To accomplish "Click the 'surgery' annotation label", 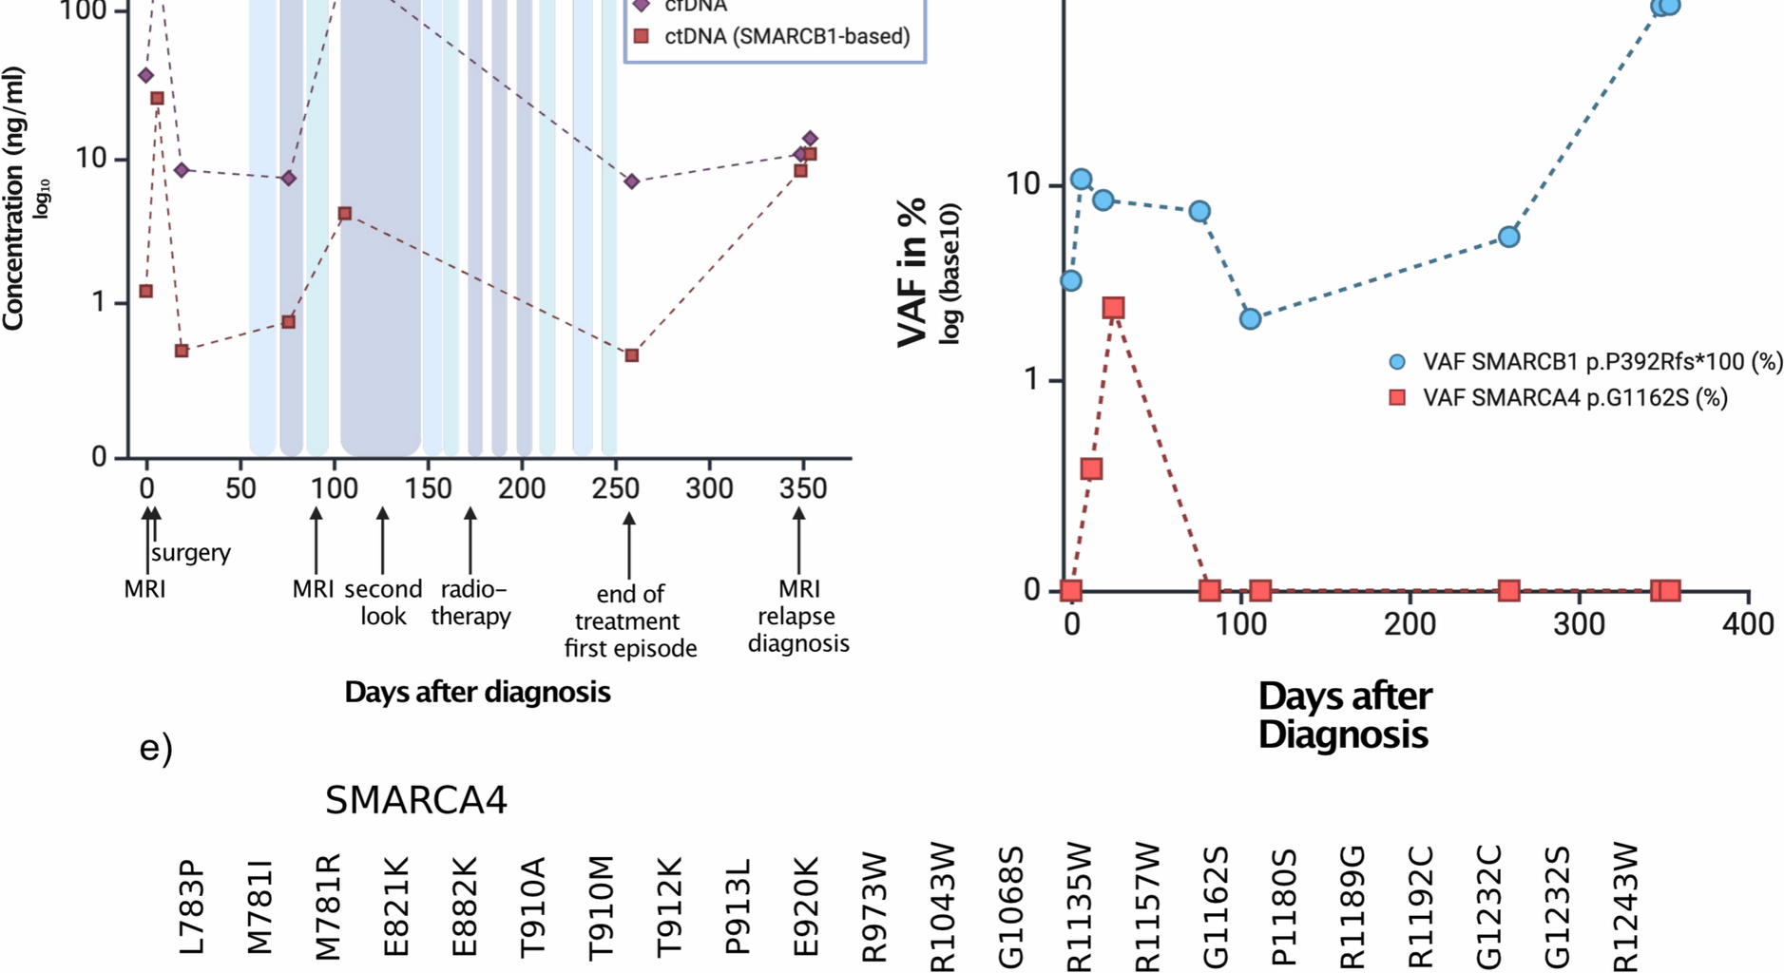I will [190, 552].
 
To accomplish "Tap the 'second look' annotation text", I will [383, 602].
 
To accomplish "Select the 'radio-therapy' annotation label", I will [470, 602].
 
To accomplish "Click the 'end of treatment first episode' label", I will [629, 621].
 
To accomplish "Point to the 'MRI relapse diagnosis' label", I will [798, 616].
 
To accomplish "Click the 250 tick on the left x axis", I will [615, 488].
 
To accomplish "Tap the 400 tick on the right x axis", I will [1748, 624].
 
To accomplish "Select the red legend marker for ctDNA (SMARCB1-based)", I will [642, 36].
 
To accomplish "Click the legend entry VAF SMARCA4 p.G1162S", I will [1574, 397].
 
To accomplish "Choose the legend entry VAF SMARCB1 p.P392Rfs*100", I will [1602, 362].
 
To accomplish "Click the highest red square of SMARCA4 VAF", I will [1114, 308].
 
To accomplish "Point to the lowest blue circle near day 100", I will [1251, 319].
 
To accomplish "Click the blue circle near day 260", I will [1508, 237].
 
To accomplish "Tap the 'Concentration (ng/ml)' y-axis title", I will [13, 200].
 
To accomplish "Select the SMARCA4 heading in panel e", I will [416, 800].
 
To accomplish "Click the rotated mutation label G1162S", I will [1216, 907].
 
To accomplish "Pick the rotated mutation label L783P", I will [191, 907].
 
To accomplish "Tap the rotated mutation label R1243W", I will [1626, 907].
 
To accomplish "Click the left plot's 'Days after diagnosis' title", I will [477, 692].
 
